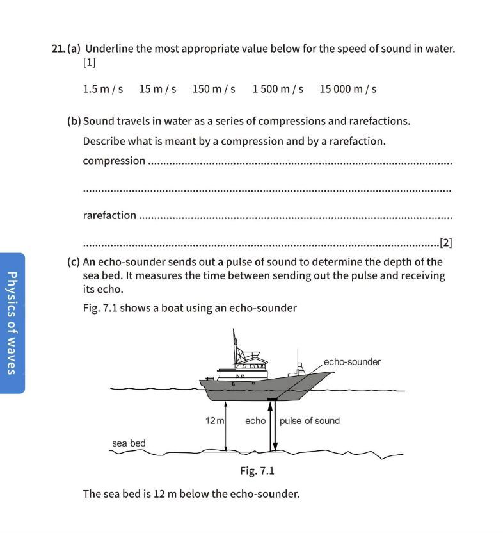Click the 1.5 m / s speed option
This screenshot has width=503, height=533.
point(102,89)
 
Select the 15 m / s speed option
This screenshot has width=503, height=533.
point(157,89)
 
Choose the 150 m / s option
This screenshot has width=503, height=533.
point(214,89)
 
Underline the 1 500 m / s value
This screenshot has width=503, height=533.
point(278,89)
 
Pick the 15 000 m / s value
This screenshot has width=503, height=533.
point(347,89)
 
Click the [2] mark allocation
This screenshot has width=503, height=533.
point(446,243)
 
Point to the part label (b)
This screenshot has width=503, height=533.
point(74,121)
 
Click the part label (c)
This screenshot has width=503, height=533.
point(74,262)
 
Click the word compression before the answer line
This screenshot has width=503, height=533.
point(114,161)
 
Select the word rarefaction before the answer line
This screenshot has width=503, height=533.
point(109,215)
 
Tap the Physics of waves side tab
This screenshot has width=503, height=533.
point(12,322)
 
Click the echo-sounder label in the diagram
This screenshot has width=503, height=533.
point(352,362)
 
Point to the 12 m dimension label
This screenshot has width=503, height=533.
point(214,421)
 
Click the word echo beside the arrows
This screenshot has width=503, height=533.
point(255,421)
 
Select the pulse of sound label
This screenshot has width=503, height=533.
point(310,421)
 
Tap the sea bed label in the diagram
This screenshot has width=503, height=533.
point(129,443)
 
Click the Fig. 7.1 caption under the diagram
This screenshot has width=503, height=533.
point(257,471)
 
